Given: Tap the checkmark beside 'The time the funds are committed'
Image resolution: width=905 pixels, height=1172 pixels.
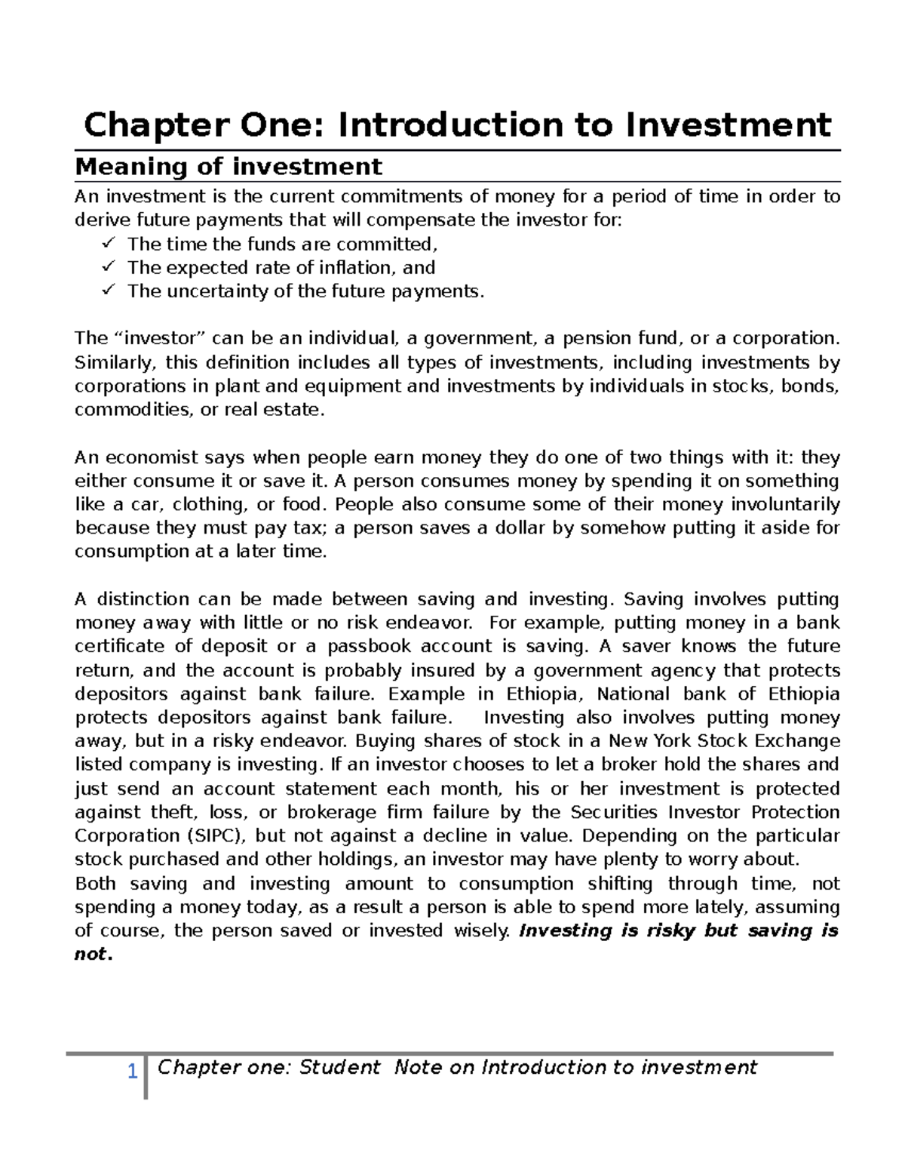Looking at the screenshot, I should (109, 243).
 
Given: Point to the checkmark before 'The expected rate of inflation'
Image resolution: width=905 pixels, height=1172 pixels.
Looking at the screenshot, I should (109, 266).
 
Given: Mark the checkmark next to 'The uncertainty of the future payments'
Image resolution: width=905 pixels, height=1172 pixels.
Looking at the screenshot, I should (109, 290).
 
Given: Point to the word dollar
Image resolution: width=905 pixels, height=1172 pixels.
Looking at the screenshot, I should (520, 528).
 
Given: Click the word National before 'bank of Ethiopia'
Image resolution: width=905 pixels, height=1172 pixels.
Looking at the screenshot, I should (633, 694).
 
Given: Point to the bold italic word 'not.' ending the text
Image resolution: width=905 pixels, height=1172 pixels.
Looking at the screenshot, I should (94, 954).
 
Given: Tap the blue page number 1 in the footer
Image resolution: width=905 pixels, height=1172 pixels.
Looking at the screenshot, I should (132, 1071).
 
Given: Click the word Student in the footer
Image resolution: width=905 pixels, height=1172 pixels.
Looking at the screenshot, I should (339, 1067).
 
